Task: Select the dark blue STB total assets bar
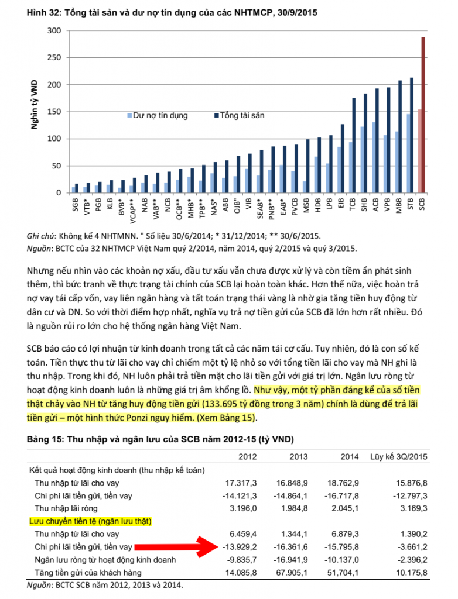(x=412, y=135)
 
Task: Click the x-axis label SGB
(x=75, y=205)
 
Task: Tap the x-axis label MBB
(x=399, y=205)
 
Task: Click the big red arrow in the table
(x=176, y=548)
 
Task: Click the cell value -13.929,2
(x=241, y=548)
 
